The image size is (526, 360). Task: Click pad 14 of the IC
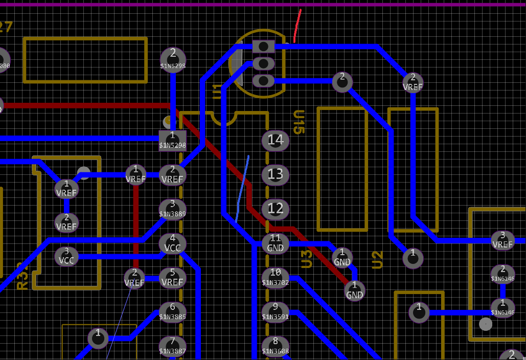pyautogui.click(x=276, y=140)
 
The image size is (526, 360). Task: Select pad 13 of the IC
pyautogui.click(x=276, y=175)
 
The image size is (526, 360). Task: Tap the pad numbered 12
pyautogui.click(x=276, y=209)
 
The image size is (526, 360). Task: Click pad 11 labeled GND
pyautogui.click(x=276, y=243)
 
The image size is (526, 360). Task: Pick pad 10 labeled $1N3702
pyautogui.click(x=276, y=278)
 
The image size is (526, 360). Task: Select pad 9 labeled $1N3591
pyautogui.click(x=276, y=312)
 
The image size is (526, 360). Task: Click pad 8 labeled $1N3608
pyautogui.click(x=276, y=346)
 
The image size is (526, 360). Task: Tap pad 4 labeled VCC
pyautogui.click(x=172, y=243)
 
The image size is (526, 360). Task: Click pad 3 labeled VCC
pyautogui.click(x=66, y=256)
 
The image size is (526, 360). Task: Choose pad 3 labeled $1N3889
pyautogui.click(x=172, y=209)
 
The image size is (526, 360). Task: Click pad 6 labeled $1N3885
pyautogui.click(x=172, y=312)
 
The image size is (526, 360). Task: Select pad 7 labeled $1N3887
pyautogui.click(x=172, y=346)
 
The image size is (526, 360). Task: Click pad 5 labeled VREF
pyautogui.click(x=172, y=278)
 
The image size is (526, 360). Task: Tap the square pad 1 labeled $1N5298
pyautogui.click(x=172, y=140)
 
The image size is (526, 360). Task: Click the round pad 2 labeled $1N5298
pyautogui.click(x=173, y=58)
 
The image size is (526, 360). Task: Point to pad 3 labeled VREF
pyautogui.click(x=502, y=240)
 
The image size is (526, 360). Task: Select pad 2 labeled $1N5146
pyautogui.click(x=502, y=274)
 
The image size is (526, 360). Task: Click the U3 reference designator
pyautogui.click(x=307, y=259)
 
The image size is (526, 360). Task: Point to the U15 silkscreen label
pyautogui.click(x=299, y=122)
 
